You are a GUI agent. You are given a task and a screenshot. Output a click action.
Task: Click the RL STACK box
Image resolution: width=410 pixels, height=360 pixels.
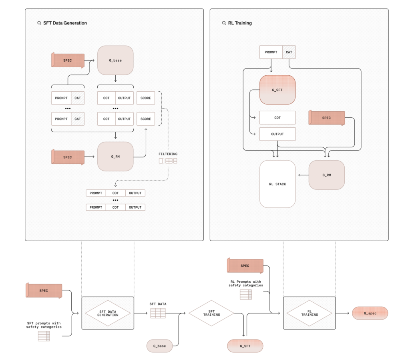[x=277, y=184]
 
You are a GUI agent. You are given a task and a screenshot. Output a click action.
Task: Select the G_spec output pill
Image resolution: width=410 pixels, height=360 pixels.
[x=370, y=313]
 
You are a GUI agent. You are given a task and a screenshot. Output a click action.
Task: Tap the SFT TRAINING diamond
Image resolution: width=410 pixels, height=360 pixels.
[x=211, y=313]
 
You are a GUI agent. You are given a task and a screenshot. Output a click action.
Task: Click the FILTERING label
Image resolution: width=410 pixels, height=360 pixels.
[x=168, y=154]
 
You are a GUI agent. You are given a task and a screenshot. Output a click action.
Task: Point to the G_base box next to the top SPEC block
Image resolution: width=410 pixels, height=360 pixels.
[x=115, y=60]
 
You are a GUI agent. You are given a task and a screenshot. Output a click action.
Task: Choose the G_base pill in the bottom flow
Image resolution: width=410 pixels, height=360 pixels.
[x=159, y=346]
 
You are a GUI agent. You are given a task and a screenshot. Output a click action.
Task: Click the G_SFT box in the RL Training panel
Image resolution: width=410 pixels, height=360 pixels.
[x=277, y=90]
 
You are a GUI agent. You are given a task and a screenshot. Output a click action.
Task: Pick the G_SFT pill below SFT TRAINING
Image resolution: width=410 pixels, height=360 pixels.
[x=245, y=346]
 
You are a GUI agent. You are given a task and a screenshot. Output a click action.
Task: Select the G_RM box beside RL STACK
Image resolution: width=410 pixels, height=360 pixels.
[x=327, y=175]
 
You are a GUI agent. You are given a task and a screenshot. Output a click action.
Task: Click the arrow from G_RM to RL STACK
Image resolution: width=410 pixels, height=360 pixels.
[x=303, y=175]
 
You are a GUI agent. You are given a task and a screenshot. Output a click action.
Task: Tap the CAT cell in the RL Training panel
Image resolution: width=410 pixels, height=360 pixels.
[x=289, y=52]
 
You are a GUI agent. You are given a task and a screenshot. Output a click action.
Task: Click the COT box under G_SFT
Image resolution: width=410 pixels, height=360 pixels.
[x=277, y=118]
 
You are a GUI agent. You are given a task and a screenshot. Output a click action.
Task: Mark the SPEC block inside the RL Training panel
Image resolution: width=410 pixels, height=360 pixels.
[x=327, y=118]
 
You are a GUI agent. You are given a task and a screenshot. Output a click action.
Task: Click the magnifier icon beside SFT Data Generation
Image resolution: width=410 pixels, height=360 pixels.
[x=39, y=23]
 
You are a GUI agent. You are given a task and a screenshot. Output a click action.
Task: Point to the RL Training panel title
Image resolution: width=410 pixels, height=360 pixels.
[x=240, y=23]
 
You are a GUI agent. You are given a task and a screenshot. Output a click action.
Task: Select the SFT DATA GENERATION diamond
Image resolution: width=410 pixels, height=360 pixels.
[x=108, y=313]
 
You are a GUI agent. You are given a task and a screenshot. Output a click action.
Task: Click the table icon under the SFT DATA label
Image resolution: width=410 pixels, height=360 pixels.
[x=158, y=313]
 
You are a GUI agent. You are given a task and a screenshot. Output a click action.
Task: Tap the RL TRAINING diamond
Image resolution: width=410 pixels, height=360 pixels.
[x=310, y=313]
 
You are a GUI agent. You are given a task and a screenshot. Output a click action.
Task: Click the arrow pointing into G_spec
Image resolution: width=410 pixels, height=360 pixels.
[x=342, y=313]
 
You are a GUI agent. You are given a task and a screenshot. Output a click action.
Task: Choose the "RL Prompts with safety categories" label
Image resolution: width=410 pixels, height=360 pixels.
[x=246, y=284]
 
